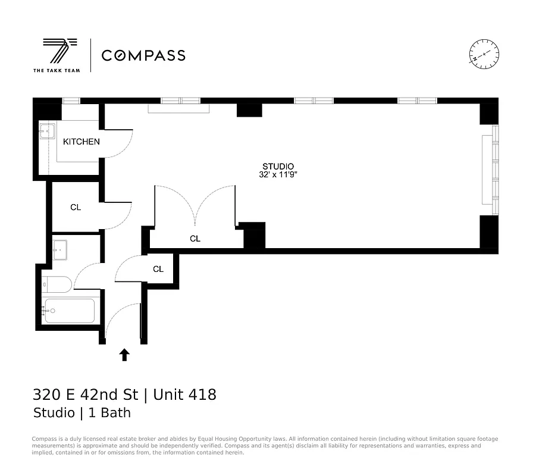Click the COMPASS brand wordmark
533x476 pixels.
tap(143, 55)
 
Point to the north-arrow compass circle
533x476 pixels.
tap(484, 54)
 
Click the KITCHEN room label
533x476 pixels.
tap(81, 142)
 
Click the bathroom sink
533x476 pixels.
tap(61, 249)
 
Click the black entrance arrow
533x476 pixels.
tap(124, 355)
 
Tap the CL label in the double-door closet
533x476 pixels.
tap(195, 239)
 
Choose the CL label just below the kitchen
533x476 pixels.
tap(76, 208)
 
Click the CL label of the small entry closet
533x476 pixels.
tap(158, 269)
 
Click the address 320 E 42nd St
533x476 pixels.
tap(85, 394)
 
